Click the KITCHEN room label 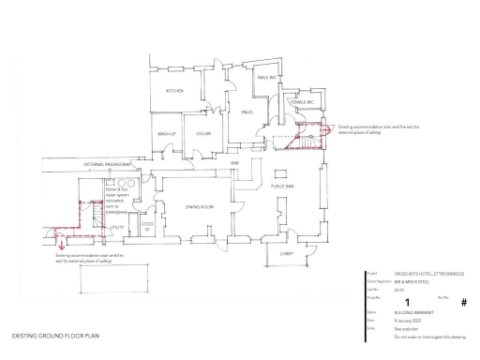[x=174, y=91]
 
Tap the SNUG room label [x=247, y=112]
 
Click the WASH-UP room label [x=168, y=133]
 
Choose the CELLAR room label [x=203, y=133]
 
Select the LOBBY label [x=287, y=252]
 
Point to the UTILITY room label [x=117, y=227]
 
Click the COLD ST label [x=147, y=226]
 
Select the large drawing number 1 [x=407, y=300]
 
